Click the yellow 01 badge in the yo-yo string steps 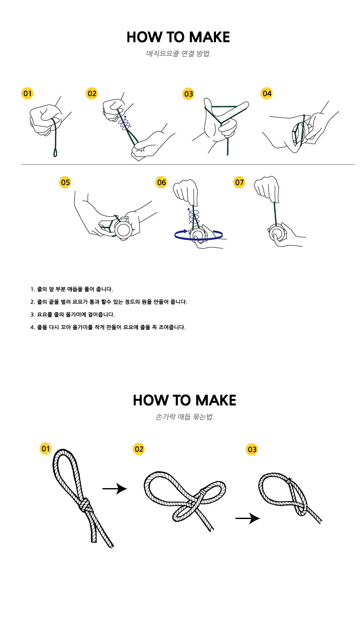(28, 93)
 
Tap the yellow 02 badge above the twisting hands (92, 93)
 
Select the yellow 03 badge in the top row (188, 94)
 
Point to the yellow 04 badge (267, 93)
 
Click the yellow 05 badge (65, 182)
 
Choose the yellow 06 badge (161, 182)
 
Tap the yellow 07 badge (239, 182)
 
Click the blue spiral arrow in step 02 (125, 123)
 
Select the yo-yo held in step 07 (276, 233)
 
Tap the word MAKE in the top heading (209, 37)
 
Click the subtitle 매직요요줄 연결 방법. (179, 54)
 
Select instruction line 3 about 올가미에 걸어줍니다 (72, 315)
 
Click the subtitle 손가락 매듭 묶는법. (185, 417)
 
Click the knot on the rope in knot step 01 (85, 505)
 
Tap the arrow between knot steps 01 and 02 (115, 489)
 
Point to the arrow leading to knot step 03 (248, 518)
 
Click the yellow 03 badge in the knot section (252, 449)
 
